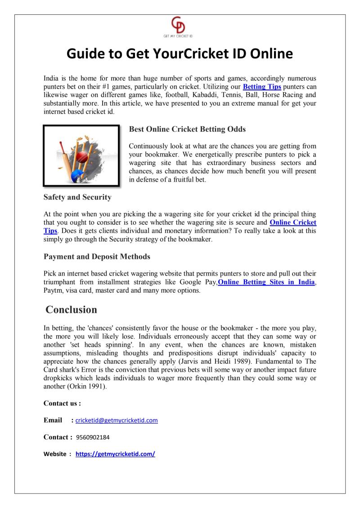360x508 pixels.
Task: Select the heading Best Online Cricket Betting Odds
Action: point(187,129)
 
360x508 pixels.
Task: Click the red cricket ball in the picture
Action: point(82,156)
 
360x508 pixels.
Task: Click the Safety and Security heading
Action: point(77,197)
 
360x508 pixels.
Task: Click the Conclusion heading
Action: point(72,310)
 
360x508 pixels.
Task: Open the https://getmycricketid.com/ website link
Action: point(115,454)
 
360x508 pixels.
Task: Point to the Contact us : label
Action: point(62,403)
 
